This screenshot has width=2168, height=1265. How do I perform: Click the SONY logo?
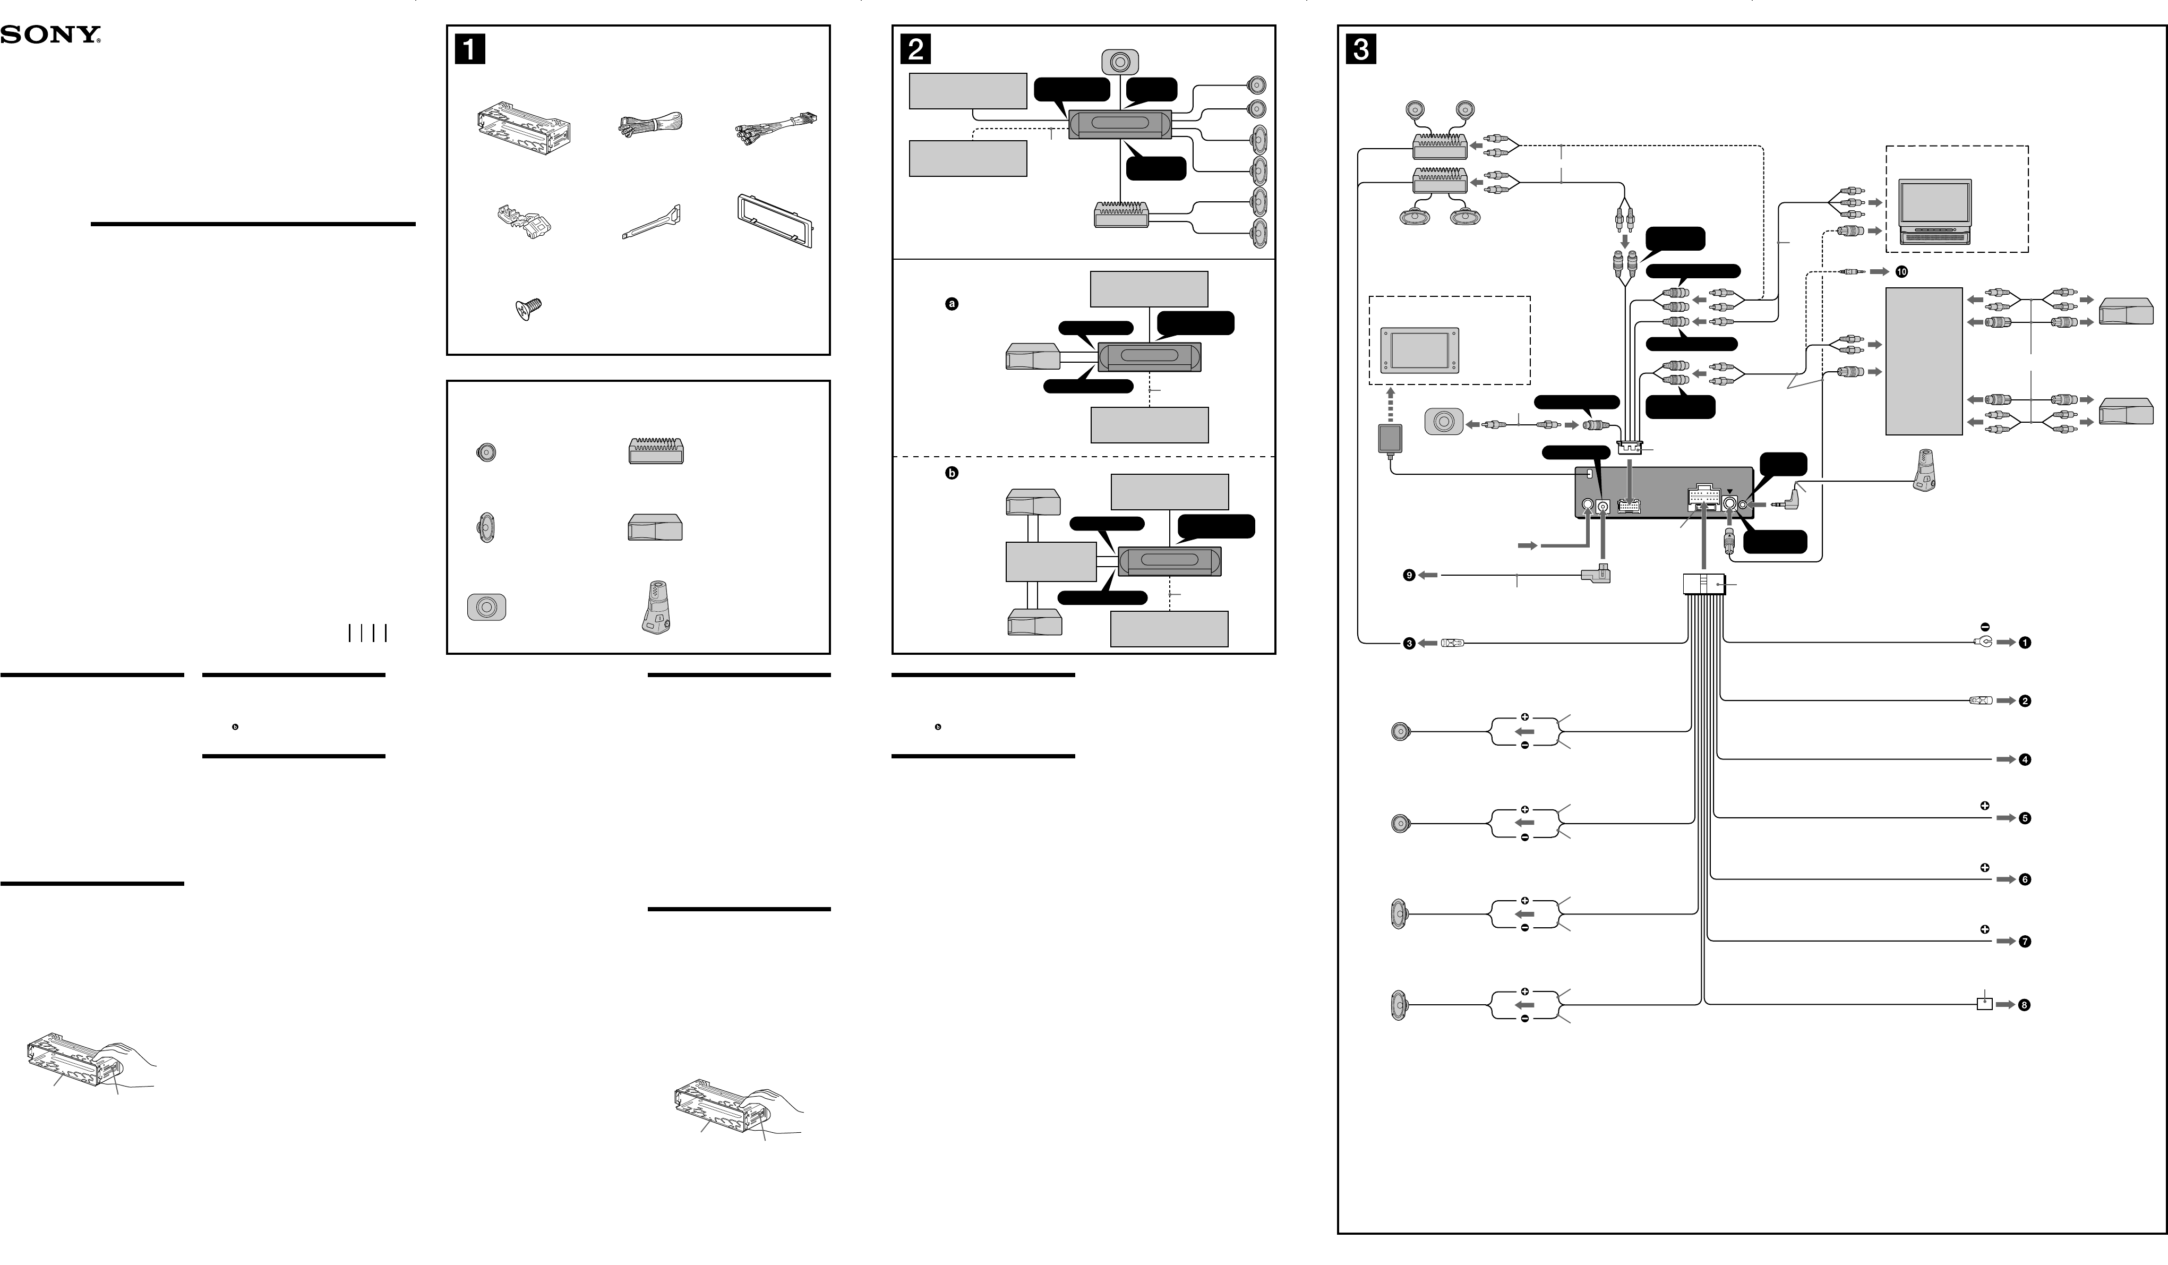pyautogui.click(x=50, y=35)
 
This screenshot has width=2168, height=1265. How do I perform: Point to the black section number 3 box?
pyautogui.click(x=1360, y=48)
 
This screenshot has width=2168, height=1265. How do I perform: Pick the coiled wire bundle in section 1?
pyautogui.click(x=649, y=126)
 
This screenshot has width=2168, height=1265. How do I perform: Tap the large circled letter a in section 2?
pyautogui.click(x=952, y=304)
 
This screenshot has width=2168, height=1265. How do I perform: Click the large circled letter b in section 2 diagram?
pyautogui.click(x=952, y=473)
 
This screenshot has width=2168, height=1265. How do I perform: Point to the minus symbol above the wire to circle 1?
pyautogui.click(x=1985, y=627)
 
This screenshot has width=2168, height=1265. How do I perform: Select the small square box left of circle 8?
pyautogui.click(x=1984, y=1003)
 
